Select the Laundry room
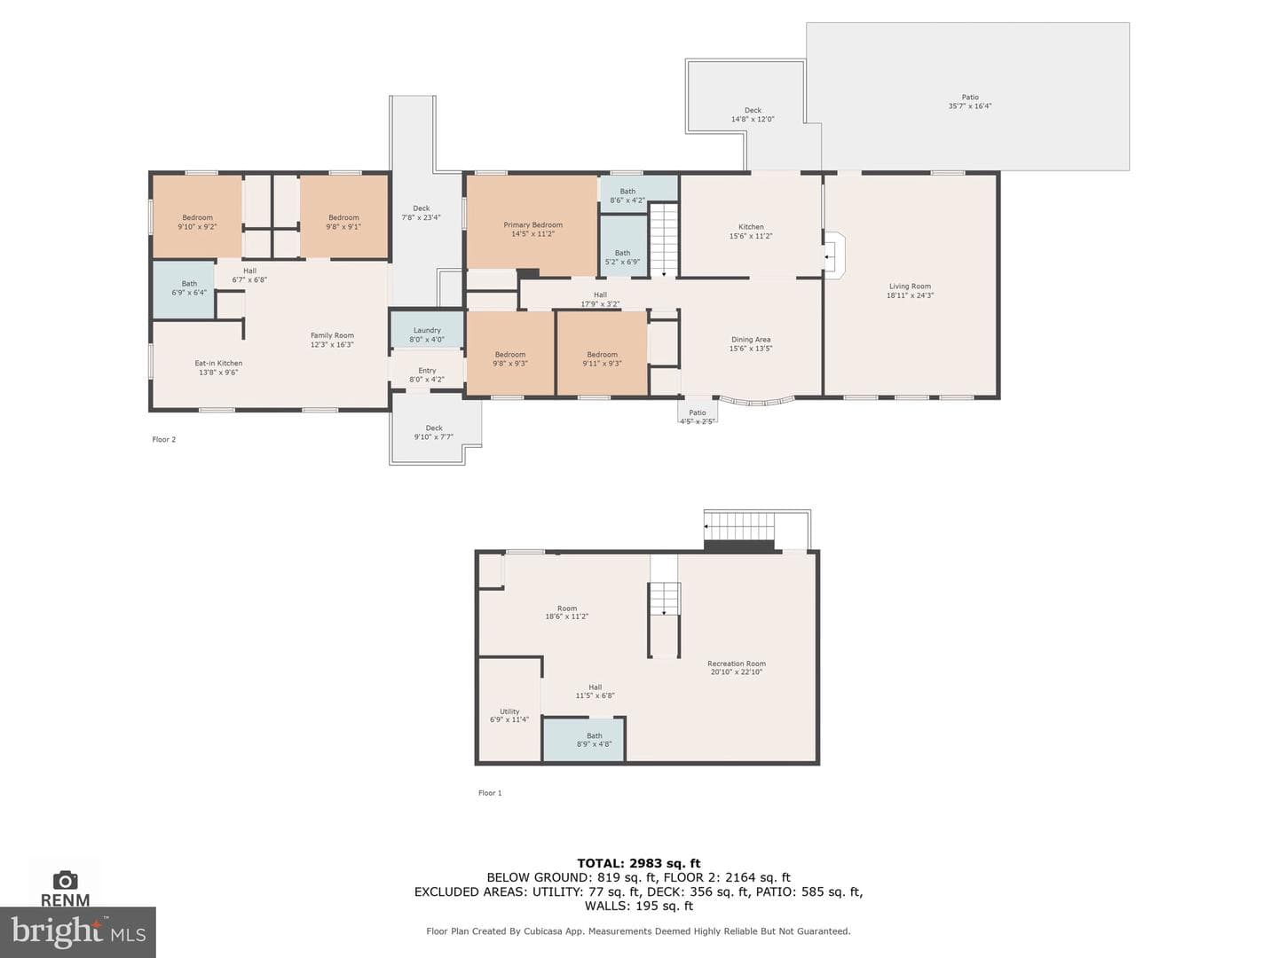427,330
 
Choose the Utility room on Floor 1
509,710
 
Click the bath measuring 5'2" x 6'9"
623,246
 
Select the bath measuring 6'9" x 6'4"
184,289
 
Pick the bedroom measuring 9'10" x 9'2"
197,216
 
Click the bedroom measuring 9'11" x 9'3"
602,353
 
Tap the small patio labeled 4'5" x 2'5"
698,410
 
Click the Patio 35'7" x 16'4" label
970,102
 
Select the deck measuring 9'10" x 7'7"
434,428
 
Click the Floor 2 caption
163,439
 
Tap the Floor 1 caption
490,793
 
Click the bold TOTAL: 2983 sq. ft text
639,863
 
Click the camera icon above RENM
65,880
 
